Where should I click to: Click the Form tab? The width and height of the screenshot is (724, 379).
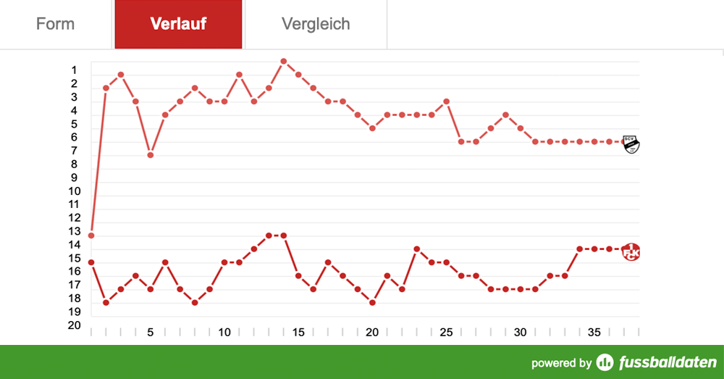(x=55, y=24)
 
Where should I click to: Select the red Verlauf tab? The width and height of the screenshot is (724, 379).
(x=178, y=24)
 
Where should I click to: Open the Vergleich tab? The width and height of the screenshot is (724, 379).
(x=316, y=24)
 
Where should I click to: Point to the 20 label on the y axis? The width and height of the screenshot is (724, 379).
(x=75, y=325)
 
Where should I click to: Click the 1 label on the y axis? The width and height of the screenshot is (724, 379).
(x=75, y=70)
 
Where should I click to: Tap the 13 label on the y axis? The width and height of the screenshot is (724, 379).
(x=75, y=231)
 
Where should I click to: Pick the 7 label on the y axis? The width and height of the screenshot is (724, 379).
(x=75, y=151)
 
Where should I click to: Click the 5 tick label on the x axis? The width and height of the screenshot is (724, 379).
(x=151, y=333)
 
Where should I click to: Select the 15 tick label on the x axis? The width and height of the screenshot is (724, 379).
(x=298, y=333)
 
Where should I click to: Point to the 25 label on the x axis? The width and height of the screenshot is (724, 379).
(x=446, y=333)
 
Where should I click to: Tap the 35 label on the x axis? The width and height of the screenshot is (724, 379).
(x=594, y=333)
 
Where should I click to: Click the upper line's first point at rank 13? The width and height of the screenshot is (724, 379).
(x=91, y=236)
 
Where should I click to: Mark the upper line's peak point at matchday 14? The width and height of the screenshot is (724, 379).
(x=283, y=61)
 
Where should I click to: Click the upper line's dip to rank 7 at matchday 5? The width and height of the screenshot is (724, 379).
(x=151, y=155)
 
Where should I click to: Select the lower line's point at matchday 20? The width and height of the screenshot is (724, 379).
(x=372, y=302)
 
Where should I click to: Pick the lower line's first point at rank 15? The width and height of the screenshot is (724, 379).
(x=91, y=262)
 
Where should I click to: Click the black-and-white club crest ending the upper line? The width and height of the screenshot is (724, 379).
(x=631, y=143)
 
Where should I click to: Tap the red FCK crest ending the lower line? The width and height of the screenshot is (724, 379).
(x=631, y=251)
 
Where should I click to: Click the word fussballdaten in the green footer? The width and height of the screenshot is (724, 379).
(x=667, y=362)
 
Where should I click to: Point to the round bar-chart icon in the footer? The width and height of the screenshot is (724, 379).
(x=605, y=362)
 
